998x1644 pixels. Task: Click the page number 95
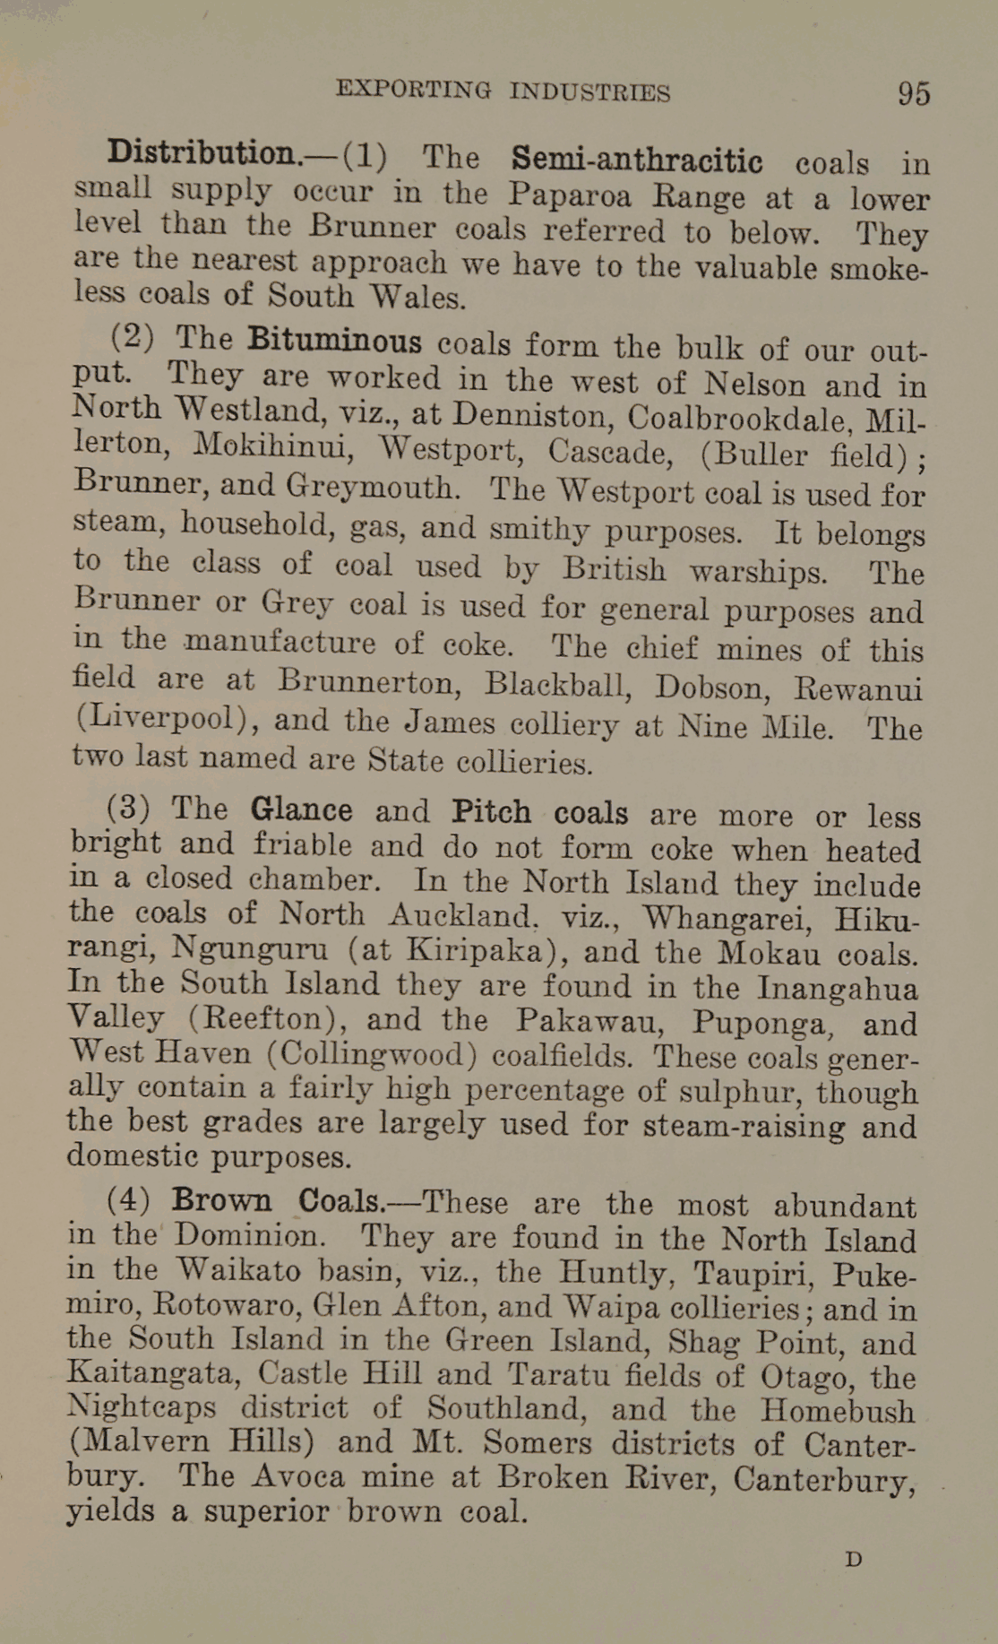pyautogui.click(x=914, y=93)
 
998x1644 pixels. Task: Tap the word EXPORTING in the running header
pyautogui.click(x=413, y=90)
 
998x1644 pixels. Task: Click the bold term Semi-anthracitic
pyautogui.click(x=637, y=160)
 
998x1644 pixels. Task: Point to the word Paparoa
pyautogui.click(x=570, y=194)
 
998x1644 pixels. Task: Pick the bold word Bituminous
pyautogui.click(x=334, y=341)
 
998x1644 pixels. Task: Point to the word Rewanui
pyautogui.click(x=857, y=689)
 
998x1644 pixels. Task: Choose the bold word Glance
pyautogui.click(x=301, y=809)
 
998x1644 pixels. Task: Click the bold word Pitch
pyautogui.click(x=492, y=811)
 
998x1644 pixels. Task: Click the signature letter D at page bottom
pyautogui.click(x=854, y=1559)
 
